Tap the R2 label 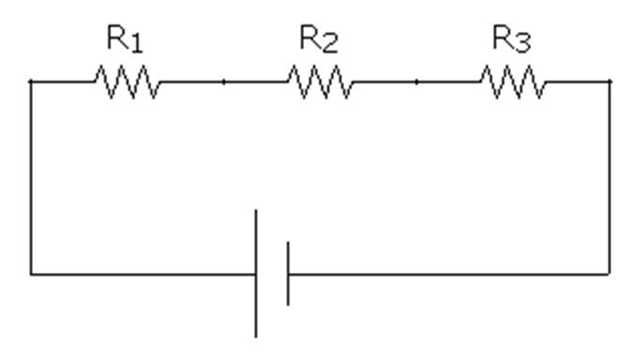(x=318, y=40)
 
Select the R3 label (x=512, y=40)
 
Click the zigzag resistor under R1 (x=127, y=83)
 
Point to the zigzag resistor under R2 (x=321, y=83)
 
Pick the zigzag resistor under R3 (x=514, y=83)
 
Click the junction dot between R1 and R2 (x=223, y=82)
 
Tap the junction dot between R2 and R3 (x=417, y=82)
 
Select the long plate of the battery (x=257, y=273)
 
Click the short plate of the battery (x=288, y=273)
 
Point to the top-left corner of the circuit (x=31, y=82)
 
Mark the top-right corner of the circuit (x=610, y=82)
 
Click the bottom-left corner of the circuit (x=31, y=275)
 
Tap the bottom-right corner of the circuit (x=610, y=275)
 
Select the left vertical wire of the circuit (x=31, y=178)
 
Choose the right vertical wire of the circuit (x=610, y=178)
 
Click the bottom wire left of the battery (x=141, y=275)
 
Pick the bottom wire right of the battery (x=450, y=275)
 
